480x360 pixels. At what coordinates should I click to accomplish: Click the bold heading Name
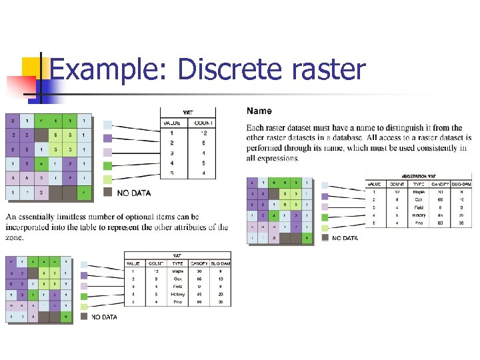[x=259, y=111]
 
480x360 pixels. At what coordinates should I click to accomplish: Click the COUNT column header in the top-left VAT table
[x=201, y=123]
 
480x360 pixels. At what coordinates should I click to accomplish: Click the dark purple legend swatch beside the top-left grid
[x=108, y=139]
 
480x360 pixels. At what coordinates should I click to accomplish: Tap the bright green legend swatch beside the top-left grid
[x=108, y=166]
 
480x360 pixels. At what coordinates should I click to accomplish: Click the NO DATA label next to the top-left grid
[x=134, y=193]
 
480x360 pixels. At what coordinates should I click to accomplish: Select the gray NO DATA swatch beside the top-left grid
[x=108, y=193]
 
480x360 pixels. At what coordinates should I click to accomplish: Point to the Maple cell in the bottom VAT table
[x=178, y=271]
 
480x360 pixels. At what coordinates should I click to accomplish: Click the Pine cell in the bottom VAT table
[x=177, y=302]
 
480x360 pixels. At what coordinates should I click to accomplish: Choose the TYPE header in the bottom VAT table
[x=178, y=263]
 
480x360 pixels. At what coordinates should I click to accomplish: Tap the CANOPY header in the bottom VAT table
[x=199, y=263]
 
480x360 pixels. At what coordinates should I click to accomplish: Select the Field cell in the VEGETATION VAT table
[x=419, y=207]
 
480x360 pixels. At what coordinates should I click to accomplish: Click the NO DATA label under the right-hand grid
[x=345, y=238]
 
